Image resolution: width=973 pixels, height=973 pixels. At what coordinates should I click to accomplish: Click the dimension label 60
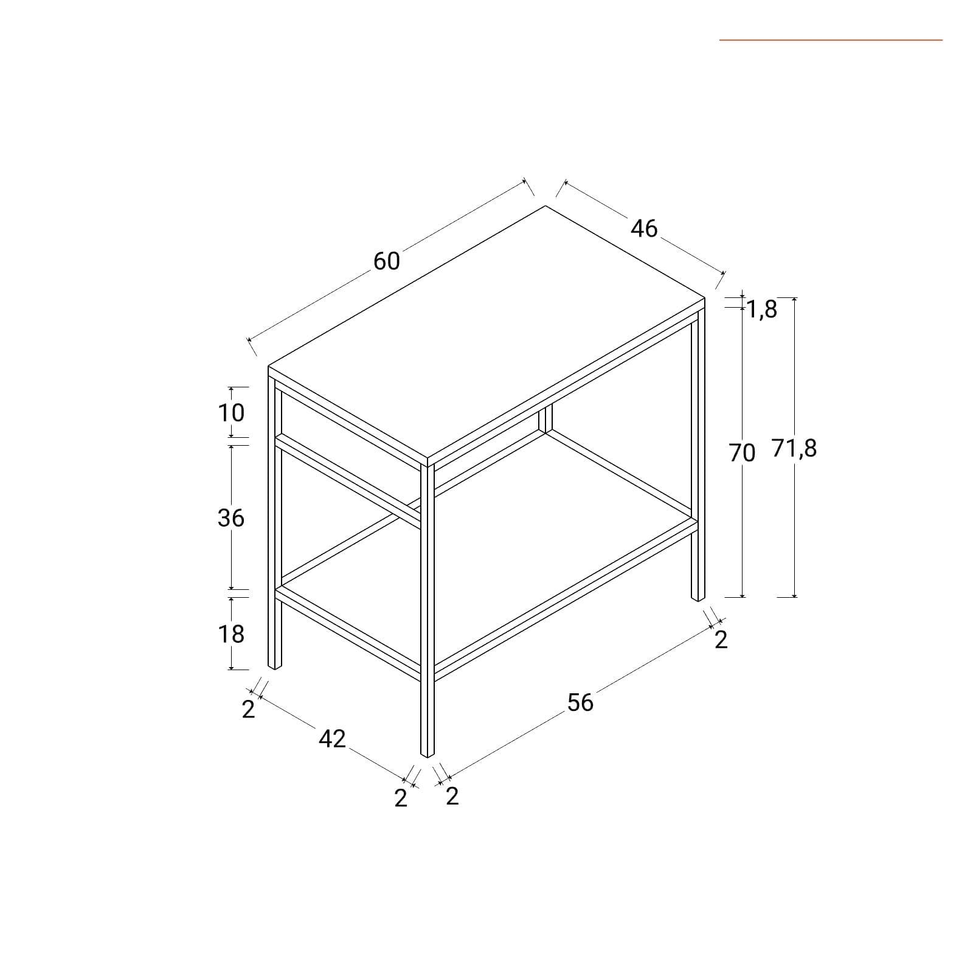(387, 261)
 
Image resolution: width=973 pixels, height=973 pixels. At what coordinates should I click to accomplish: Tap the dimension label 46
(644, 229)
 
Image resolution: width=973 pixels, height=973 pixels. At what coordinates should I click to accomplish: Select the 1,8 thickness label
(762, 310)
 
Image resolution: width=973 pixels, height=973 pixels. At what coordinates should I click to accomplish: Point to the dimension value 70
(742, 453)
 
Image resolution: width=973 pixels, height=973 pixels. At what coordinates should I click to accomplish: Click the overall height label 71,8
(795, 449)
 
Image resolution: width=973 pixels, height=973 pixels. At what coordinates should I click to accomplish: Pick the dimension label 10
(231, 413)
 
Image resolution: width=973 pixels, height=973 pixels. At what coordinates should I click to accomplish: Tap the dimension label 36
(231, 518)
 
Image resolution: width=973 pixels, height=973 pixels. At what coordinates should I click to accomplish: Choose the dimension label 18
(231, 634)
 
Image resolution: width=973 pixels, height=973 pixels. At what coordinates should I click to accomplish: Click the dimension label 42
(332, 739)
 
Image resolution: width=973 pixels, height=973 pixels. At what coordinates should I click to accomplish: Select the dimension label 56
(580, 703)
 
